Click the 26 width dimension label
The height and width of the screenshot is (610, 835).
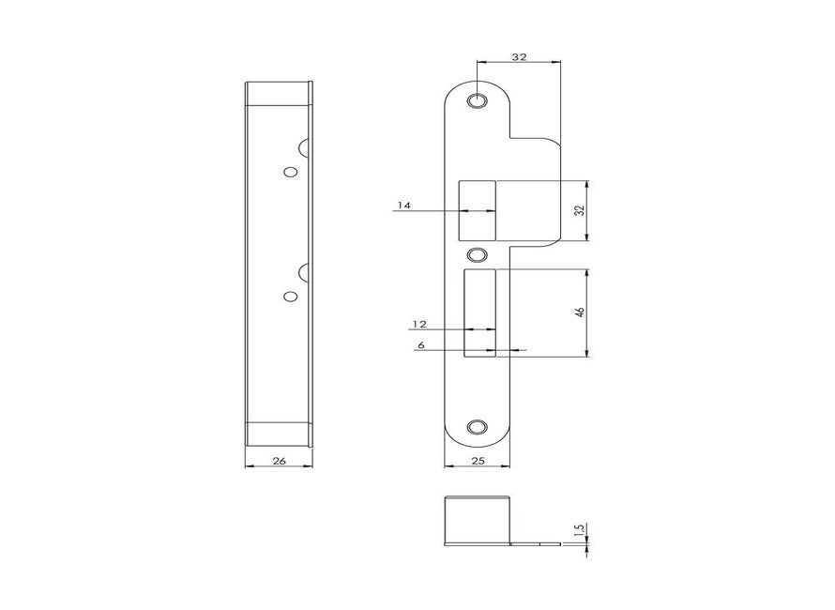point(279,460)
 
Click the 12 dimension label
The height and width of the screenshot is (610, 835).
point(419,324)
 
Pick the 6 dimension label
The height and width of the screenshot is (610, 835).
point(421,345)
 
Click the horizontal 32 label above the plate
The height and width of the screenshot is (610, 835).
point(519,56)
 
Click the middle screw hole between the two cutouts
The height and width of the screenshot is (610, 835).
point(478,255)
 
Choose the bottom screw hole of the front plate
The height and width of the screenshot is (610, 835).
point(478,426)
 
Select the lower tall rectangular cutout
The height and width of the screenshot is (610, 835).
point(479,313)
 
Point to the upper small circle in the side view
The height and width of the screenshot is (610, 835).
point(290,173)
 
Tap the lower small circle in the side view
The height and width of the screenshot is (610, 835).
point(290,297)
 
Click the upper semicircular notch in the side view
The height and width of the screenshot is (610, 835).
point(306,147)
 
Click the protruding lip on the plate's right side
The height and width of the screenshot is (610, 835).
point(535,192)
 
